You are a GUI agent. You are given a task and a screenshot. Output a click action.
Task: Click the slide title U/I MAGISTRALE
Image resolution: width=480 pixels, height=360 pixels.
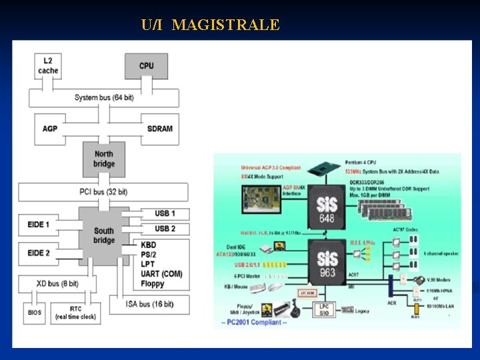(210, 25)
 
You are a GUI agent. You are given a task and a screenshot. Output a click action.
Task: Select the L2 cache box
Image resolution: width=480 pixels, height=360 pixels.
(48, 66)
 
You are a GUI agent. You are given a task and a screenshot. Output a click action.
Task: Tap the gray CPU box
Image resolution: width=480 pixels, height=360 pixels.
(146, 66)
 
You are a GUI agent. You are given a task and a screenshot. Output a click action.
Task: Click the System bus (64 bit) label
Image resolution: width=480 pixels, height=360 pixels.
(104, 97)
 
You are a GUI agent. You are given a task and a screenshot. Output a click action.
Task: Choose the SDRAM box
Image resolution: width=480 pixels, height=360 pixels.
(159, 128)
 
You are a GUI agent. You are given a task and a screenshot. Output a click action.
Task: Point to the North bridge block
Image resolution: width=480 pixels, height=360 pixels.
(104, 159)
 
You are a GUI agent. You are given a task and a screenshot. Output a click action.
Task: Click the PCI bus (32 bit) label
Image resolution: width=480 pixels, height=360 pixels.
(103, 192)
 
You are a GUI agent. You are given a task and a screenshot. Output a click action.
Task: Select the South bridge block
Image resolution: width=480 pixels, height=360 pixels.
(104, 235)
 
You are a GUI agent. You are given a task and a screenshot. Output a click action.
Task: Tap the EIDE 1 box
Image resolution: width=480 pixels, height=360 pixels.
(39, 225)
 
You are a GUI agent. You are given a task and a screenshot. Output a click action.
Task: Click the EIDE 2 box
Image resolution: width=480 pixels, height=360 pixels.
(39, 253)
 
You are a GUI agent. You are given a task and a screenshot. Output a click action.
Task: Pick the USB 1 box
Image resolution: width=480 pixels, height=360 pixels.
(165, 213)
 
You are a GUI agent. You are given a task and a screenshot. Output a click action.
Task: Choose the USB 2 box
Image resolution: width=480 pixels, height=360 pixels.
(165, 229)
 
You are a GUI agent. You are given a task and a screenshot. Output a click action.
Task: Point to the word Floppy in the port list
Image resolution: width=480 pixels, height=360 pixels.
(153, 284)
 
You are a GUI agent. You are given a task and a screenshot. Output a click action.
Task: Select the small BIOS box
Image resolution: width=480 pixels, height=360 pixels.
(35, 312)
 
